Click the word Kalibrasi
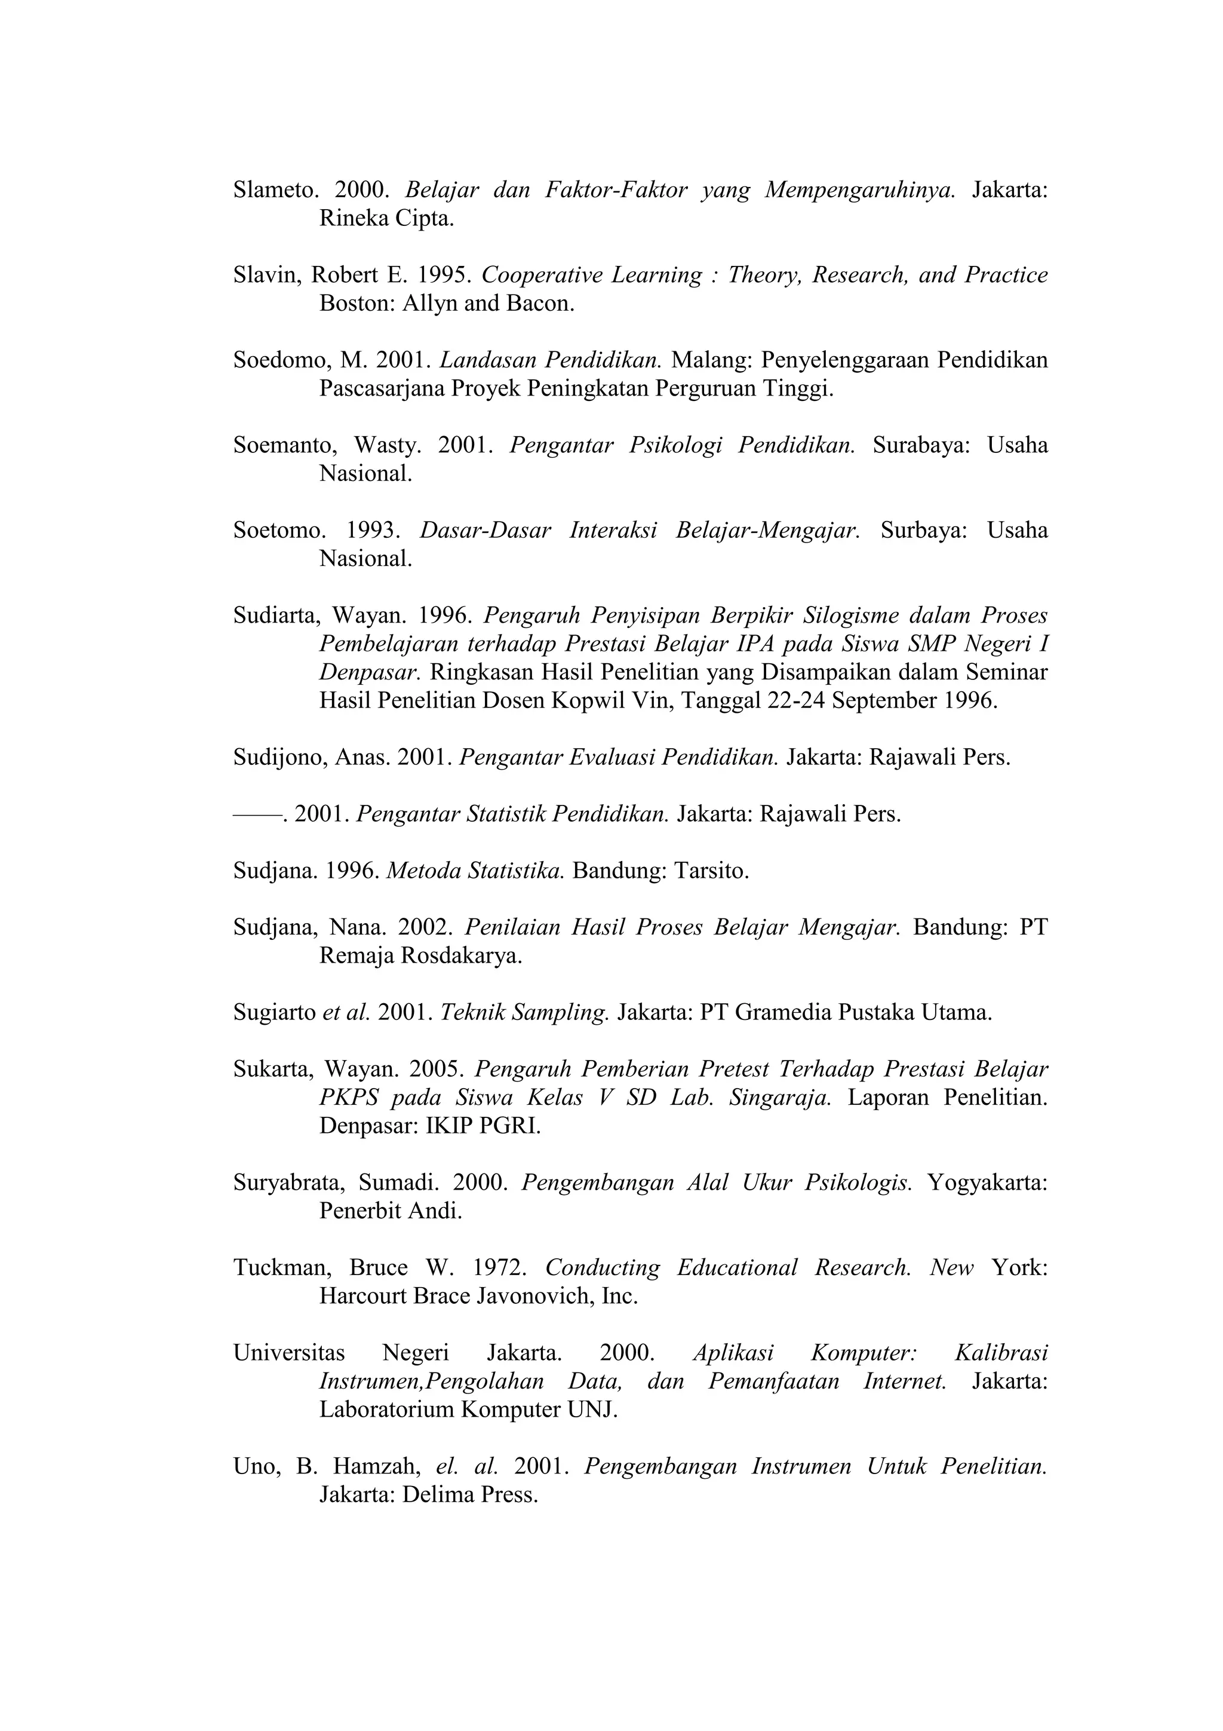pos(1001,1353)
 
